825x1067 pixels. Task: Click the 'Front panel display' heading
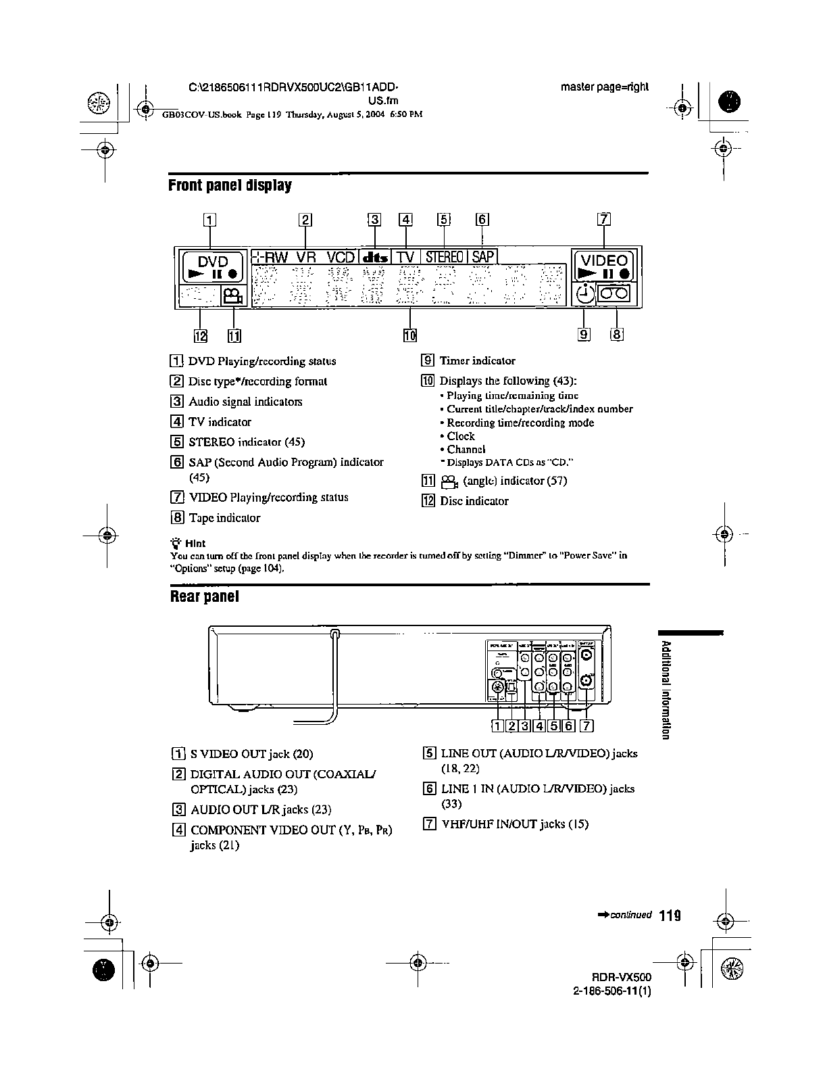pos(230,185)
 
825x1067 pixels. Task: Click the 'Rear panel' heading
pos(204,596)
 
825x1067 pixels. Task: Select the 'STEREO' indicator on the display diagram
pos(444,257)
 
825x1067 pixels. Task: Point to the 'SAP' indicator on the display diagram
pos(482,257)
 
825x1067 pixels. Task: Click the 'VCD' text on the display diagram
pos(341,258)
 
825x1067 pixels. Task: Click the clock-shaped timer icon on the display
pos(584,294)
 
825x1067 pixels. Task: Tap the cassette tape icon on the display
pos(616,294)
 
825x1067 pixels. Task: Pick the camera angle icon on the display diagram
pos(233,295)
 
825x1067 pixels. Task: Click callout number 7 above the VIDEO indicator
pos(604,218)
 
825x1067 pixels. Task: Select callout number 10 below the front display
pos(410,335)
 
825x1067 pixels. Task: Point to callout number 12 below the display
pos(201,335)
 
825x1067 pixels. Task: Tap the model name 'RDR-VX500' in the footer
pos(622,977)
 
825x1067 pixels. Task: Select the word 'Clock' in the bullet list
pos(461,436)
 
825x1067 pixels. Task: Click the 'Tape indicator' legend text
pos(224,518)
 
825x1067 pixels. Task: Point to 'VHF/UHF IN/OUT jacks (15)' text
pos(514,824)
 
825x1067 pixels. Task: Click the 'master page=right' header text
pos(604,87)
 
